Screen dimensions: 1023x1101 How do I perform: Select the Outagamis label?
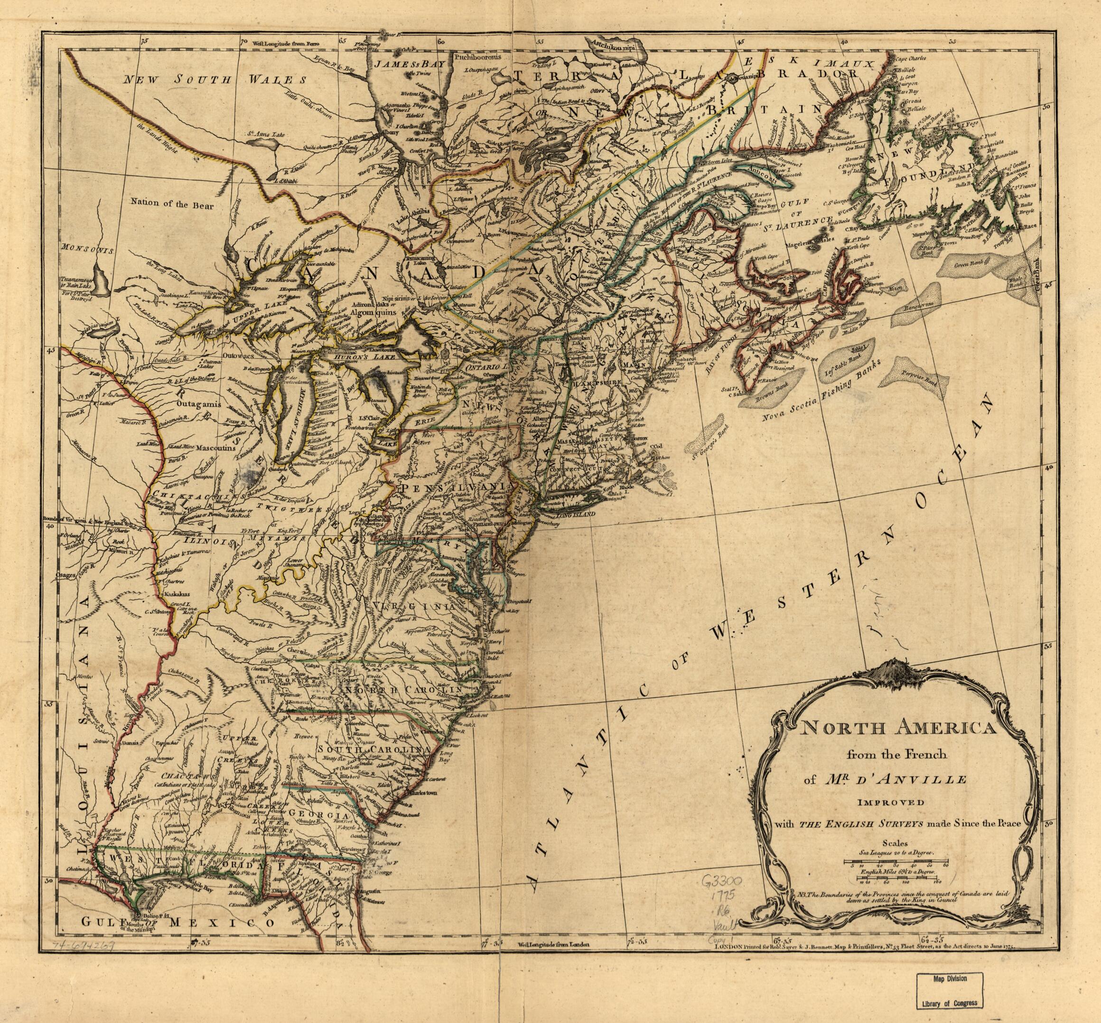tap(198, 404)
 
